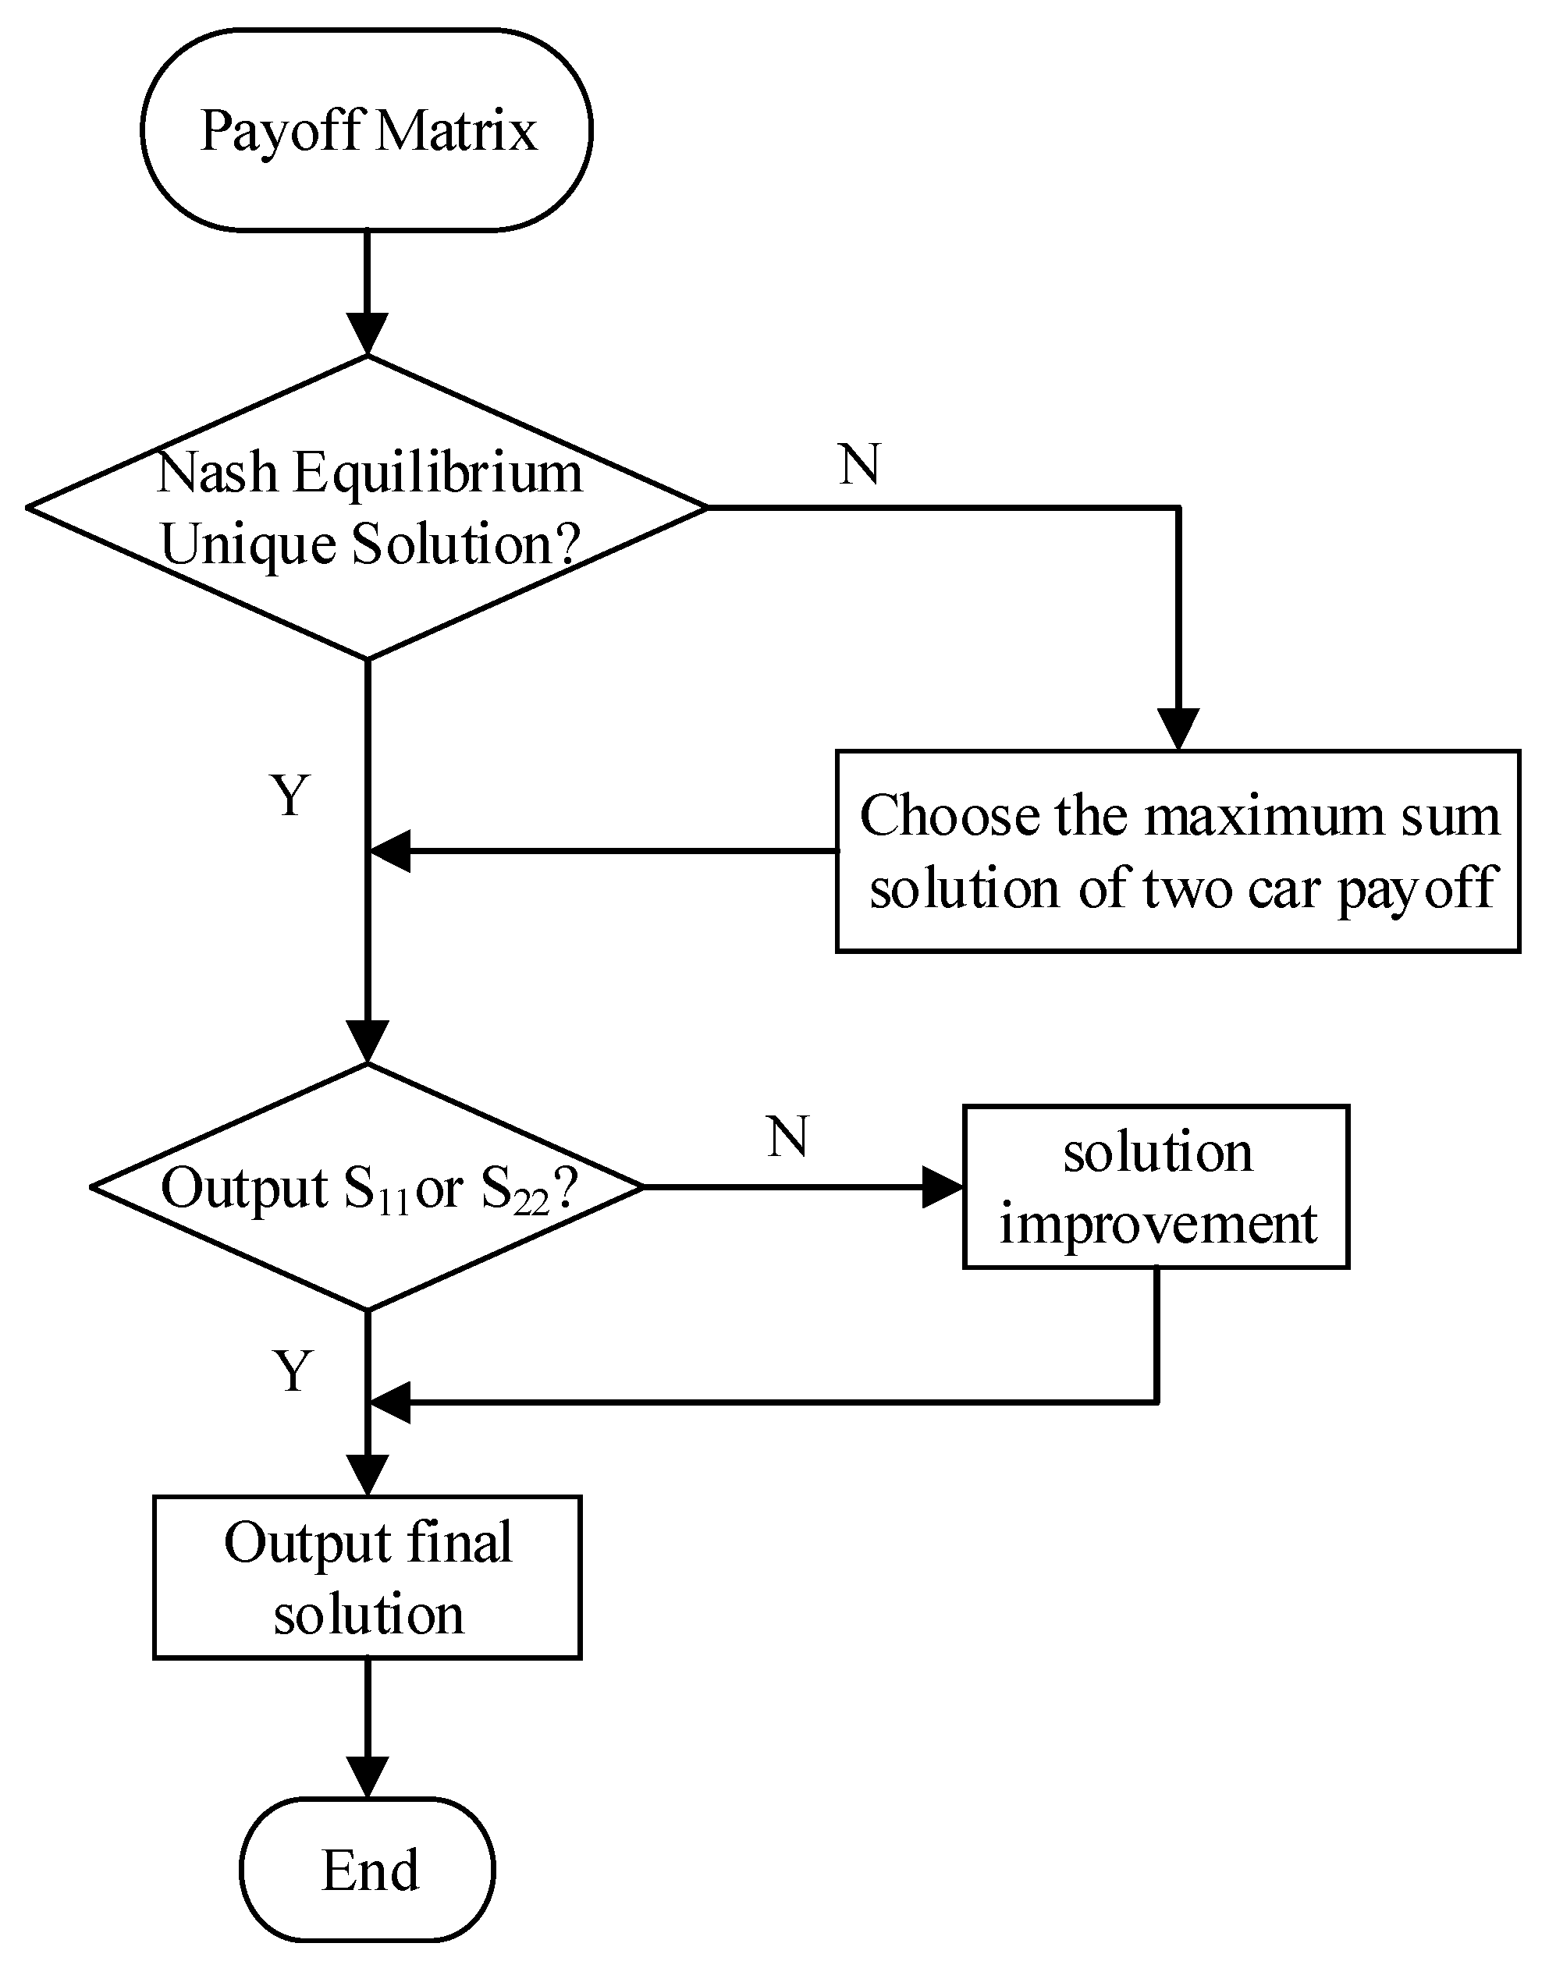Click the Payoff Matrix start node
[x=367, y=129]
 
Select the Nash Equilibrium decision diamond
[x=367, y=508]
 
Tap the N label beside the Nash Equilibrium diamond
[x=860, y=464]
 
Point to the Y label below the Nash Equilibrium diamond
[x=290, y=795]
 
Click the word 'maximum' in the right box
[x=1264, y=816]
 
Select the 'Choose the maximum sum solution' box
[x=1178, y=851]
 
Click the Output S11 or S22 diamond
[x=367, y=1186]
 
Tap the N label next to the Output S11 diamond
[x=787, y=1136]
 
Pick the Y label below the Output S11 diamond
[x=292, y=1371]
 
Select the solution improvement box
[x=1156, y=1186]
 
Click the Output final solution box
[x=367, y=1578]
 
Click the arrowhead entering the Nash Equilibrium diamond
[x=367, y=334]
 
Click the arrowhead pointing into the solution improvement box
[x=941, y=1186]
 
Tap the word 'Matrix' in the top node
[x=457, y=129]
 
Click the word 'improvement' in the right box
[x=1157, y=1224]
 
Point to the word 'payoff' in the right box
[x=1416, y=889]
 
